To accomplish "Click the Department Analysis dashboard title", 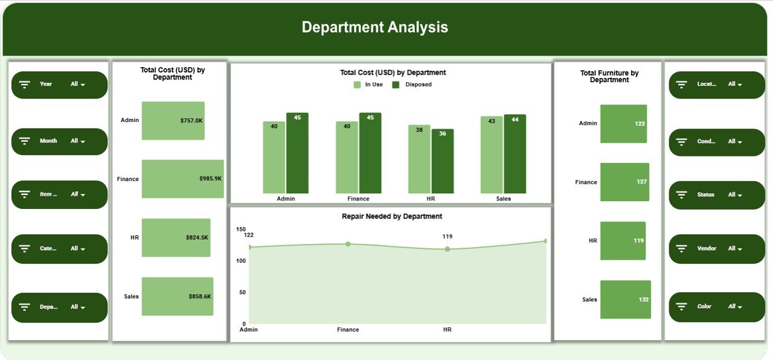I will pos(374,27).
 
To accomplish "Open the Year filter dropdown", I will pos(77,85).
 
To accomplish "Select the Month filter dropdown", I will pos(77,141).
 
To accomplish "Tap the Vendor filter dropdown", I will pos(734,249).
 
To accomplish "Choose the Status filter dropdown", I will pos(734,195).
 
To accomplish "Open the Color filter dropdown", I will pos(734,307).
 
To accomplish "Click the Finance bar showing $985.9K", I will pos(182,179).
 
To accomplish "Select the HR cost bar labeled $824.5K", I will pos(176,237).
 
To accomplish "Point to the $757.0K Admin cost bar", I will pos(173,120).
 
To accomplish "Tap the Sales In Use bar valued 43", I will pos(491,155).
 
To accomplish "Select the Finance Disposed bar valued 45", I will pos(370,153).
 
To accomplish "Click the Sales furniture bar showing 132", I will pos(625,299).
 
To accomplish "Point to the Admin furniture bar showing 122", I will pos(623,124).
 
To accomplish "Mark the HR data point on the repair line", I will pos(447,249).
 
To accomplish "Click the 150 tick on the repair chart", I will pos(241,230).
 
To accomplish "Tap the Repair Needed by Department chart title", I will pos(392,216).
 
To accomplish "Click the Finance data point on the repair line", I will pos(348,244).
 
